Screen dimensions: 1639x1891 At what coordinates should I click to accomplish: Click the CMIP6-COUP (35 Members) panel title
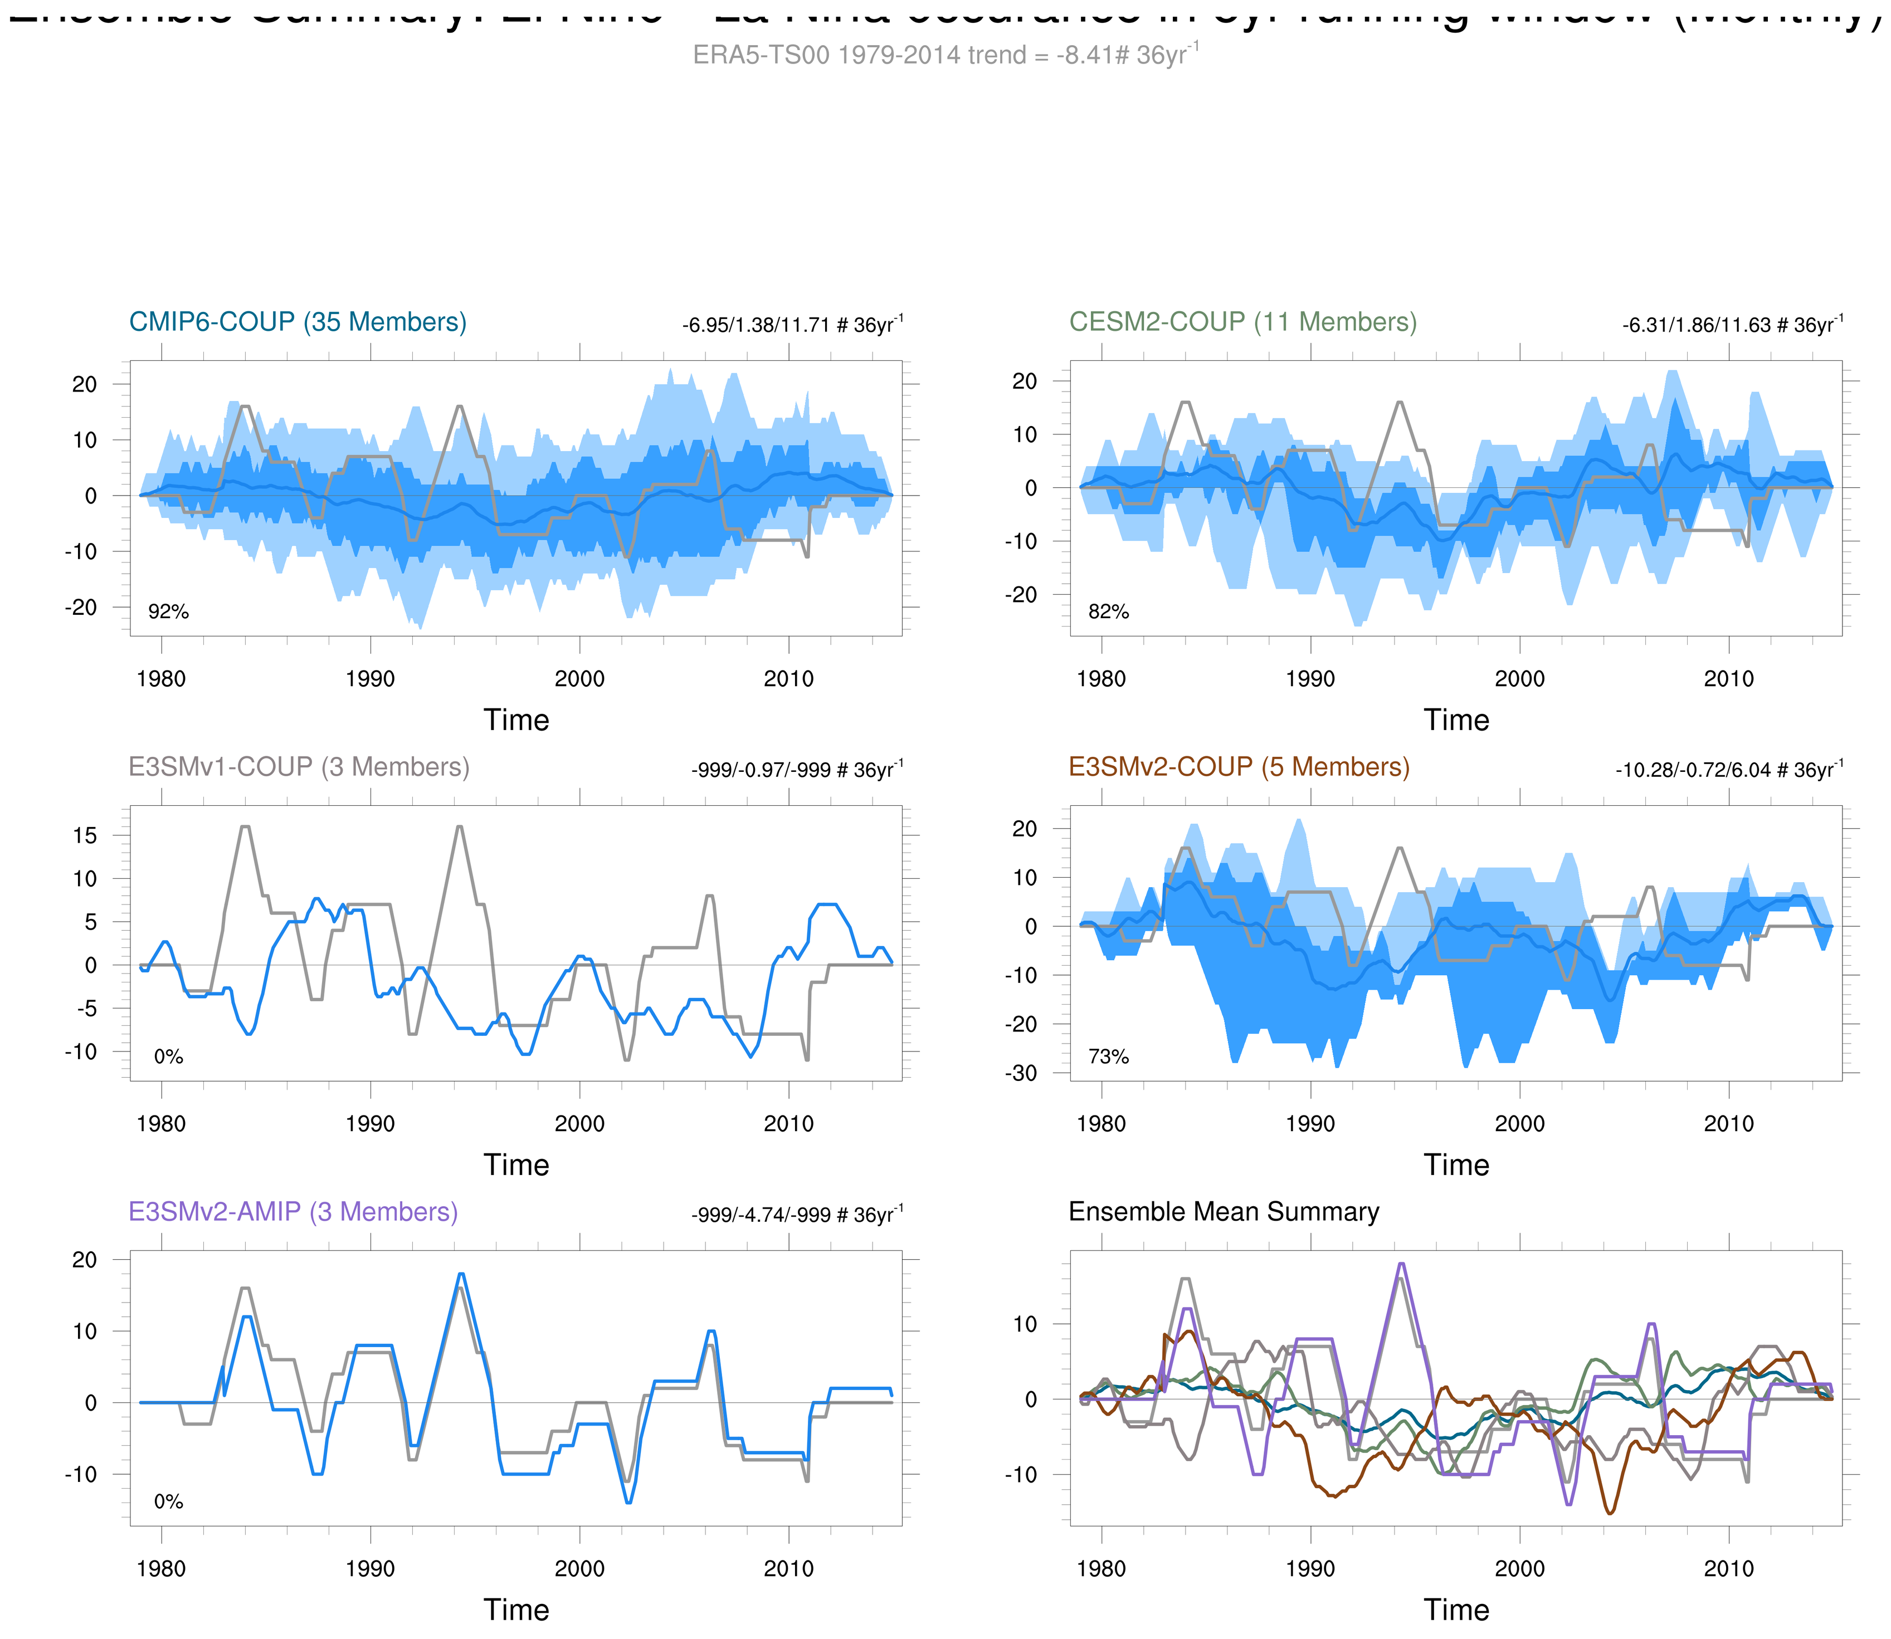[x=298, y=322]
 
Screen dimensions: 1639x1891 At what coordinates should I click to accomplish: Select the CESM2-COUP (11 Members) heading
[x=1242, y=322]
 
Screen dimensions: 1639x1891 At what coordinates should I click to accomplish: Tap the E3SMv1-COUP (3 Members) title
[x=298, y=766]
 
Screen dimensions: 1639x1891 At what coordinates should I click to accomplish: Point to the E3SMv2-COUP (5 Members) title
[x=1239, y=766]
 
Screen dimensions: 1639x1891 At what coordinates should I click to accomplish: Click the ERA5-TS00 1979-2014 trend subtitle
[x=945, y=55]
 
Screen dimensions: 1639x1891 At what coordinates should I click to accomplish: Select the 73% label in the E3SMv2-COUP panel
[x=1108, y=1056]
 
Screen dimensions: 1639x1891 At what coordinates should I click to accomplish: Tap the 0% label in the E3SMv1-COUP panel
[x=168, y=1056]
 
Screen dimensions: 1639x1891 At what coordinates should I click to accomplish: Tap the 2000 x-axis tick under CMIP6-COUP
[x=579, y=679]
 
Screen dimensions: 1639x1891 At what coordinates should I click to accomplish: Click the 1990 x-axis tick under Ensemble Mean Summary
[x=1310, y=1569]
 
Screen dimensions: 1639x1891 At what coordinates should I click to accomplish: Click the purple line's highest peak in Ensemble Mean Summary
[x=1401, y=1264]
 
